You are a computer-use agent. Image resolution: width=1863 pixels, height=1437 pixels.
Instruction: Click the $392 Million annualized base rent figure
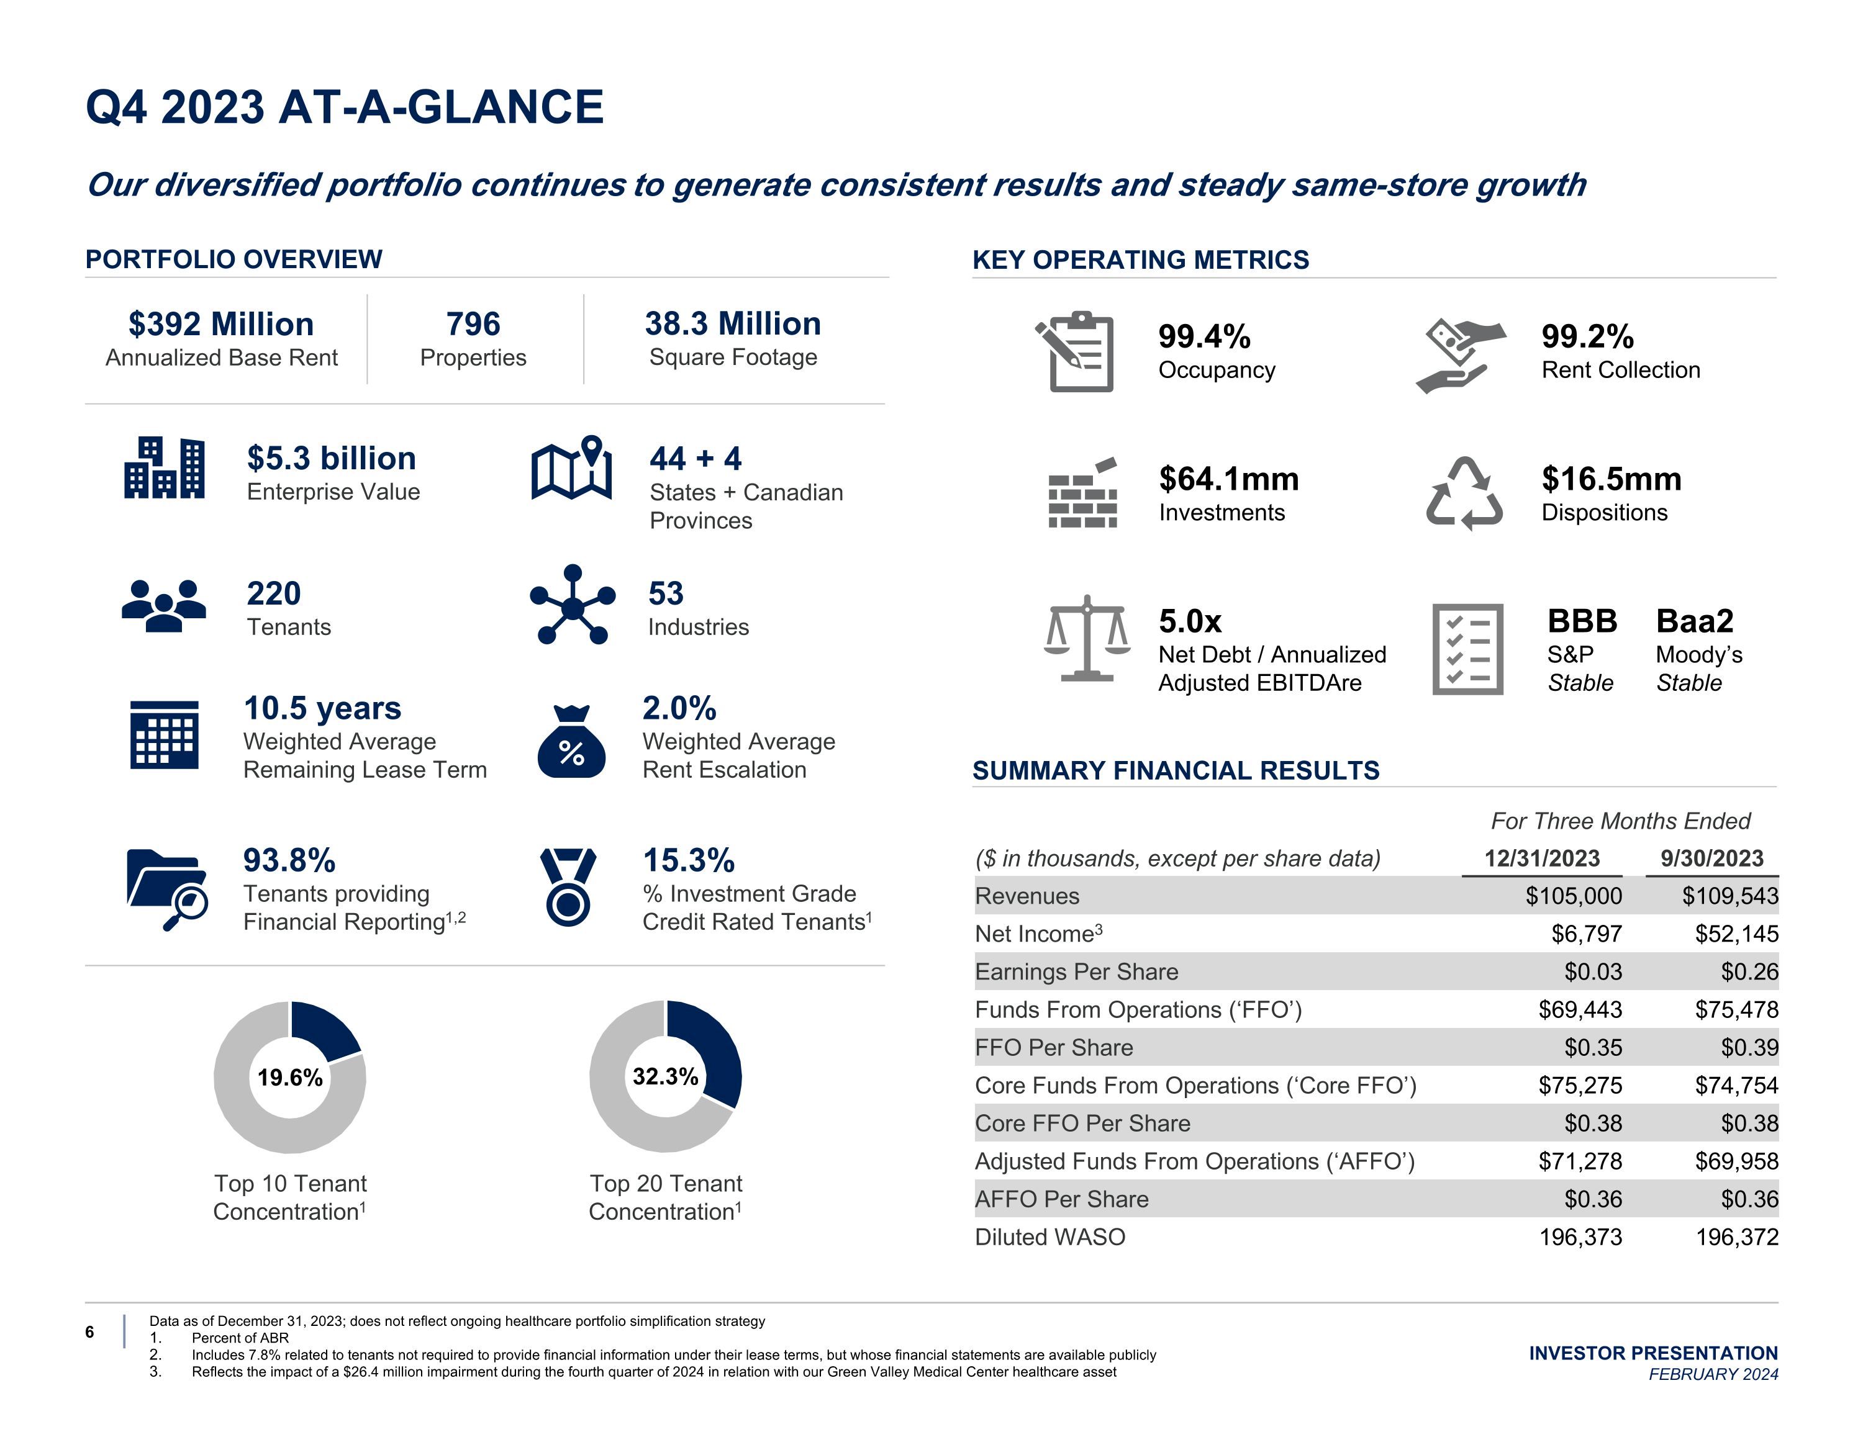click(x=221, y=325)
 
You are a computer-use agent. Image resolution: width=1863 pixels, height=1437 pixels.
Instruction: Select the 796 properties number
click(x=473, y=325)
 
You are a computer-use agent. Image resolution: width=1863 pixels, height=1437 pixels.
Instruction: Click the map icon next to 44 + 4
click(x=571, y=468)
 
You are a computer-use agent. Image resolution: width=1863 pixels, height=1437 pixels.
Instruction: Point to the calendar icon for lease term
click(x=164, y=734)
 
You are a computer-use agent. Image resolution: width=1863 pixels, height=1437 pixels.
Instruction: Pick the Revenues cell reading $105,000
click(x=1573, y=896)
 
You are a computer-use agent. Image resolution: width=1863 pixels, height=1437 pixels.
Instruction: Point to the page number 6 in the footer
click(x=89, y=1332)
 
